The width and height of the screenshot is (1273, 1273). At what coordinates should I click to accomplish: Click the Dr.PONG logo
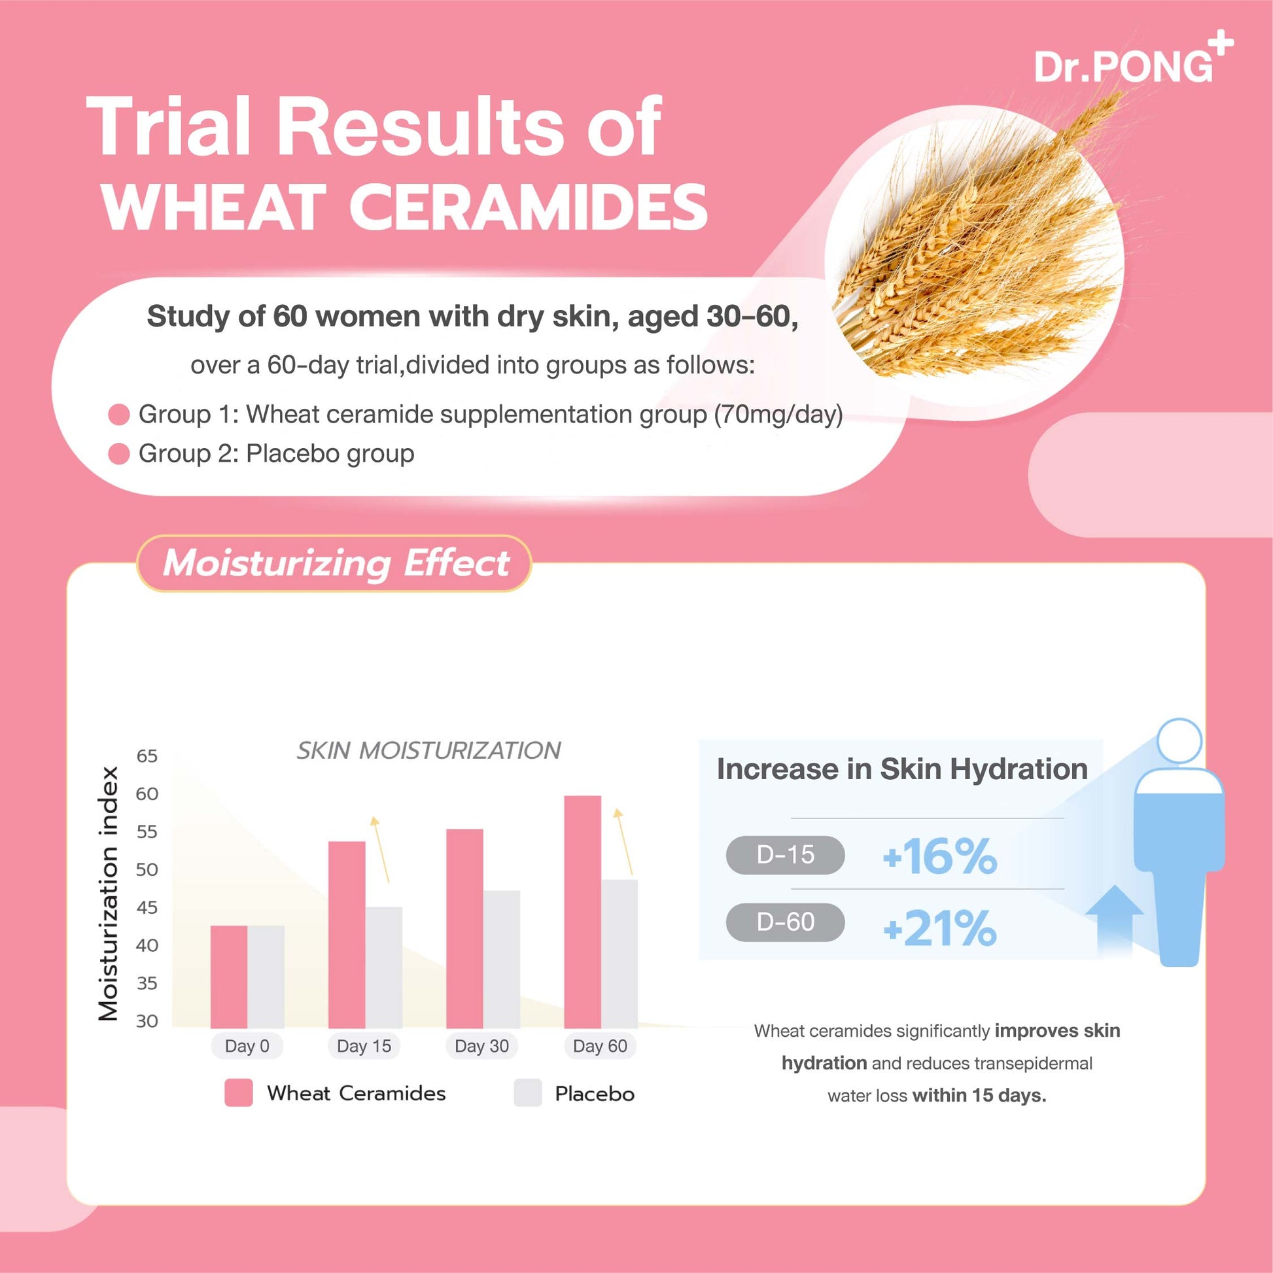pos(1133,67)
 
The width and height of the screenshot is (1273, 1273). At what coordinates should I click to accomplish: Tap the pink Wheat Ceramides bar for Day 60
pos(582,913)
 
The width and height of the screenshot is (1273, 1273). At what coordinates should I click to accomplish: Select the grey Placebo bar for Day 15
pos(383,968)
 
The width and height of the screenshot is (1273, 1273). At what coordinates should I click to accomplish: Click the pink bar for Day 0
pos(229,977)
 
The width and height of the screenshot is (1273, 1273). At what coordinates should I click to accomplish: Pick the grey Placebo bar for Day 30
pos(502,960)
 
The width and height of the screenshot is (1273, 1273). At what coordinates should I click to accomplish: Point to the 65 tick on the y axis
pos(147,756)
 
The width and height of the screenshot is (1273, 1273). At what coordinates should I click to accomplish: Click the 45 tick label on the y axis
pos(147,907)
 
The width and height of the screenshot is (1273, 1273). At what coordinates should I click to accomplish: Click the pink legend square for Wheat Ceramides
pos(238,1092)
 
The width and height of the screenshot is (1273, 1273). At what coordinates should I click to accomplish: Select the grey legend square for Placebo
pos(527,1092)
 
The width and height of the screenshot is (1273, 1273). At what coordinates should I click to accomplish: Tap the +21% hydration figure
pos(939,928)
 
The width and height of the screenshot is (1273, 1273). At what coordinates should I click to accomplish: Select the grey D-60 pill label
pos(786,922)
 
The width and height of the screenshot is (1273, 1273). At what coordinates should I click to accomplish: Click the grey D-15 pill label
pos(786,854)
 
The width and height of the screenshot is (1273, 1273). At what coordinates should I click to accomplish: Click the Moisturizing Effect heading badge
pos(334,563)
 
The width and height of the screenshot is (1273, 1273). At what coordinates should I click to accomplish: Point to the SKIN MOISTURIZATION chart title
pos(428,750)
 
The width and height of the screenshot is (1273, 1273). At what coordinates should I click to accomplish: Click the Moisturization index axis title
pos(108,894)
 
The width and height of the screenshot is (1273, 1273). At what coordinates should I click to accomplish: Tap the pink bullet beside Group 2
pos(118,454)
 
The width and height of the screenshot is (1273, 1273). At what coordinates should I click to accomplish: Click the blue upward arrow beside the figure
pos(1114,920)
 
